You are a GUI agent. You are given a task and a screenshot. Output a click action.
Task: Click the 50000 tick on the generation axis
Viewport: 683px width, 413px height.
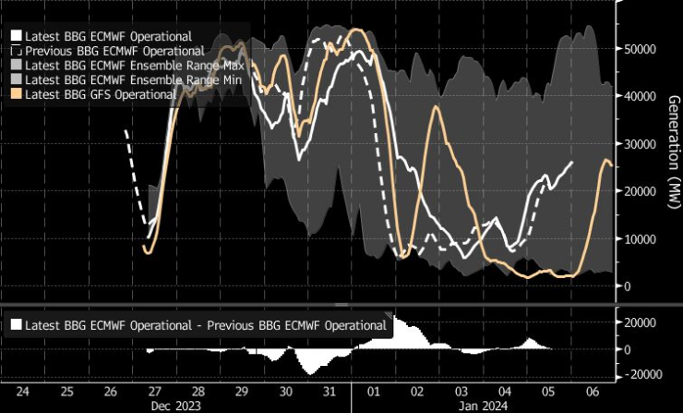[641, 48]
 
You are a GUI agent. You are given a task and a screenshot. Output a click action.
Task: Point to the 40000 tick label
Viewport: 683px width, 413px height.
[641, 96]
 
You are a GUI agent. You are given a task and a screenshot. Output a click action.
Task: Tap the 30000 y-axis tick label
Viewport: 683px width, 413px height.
[641, 143]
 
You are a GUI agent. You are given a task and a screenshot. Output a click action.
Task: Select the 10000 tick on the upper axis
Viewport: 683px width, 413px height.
[641, 238]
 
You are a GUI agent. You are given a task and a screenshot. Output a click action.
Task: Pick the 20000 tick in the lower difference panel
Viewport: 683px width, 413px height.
[641, 322]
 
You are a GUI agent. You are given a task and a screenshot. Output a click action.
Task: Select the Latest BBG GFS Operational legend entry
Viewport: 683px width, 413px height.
[102, 94]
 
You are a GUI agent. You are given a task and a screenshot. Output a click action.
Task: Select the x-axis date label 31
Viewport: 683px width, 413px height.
[330, 391]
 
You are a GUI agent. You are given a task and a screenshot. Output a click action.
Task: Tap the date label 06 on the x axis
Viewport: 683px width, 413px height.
[593, 391]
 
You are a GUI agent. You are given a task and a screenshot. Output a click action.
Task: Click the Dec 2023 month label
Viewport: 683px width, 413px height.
[176, 404]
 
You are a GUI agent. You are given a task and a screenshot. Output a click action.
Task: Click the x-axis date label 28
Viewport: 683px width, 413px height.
[198, 391]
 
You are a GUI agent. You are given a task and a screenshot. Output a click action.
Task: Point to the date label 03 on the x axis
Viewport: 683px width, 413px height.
[461, 391]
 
